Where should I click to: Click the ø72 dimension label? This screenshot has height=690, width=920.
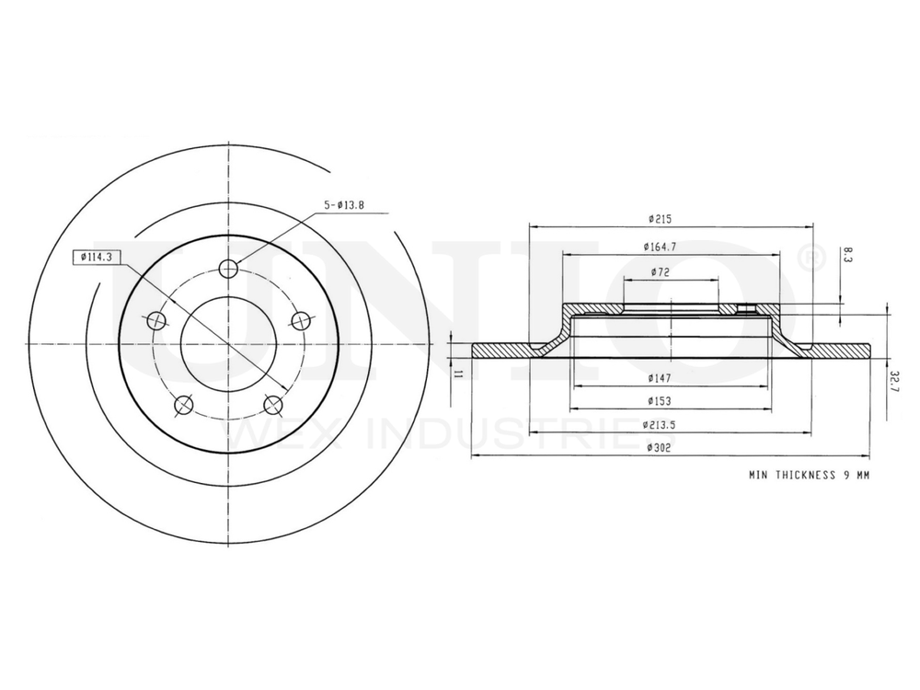(x=659, y=271)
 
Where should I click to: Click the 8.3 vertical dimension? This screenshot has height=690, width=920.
(x=847, y=256)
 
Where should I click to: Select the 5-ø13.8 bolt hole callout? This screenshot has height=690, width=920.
(x=344, y=205)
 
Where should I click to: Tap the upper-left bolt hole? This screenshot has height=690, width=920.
(x=156, y=320)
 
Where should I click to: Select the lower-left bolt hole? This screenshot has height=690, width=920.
(x=183, y=404)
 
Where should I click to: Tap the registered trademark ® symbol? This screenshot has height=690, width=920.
(x=807, y=259)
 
